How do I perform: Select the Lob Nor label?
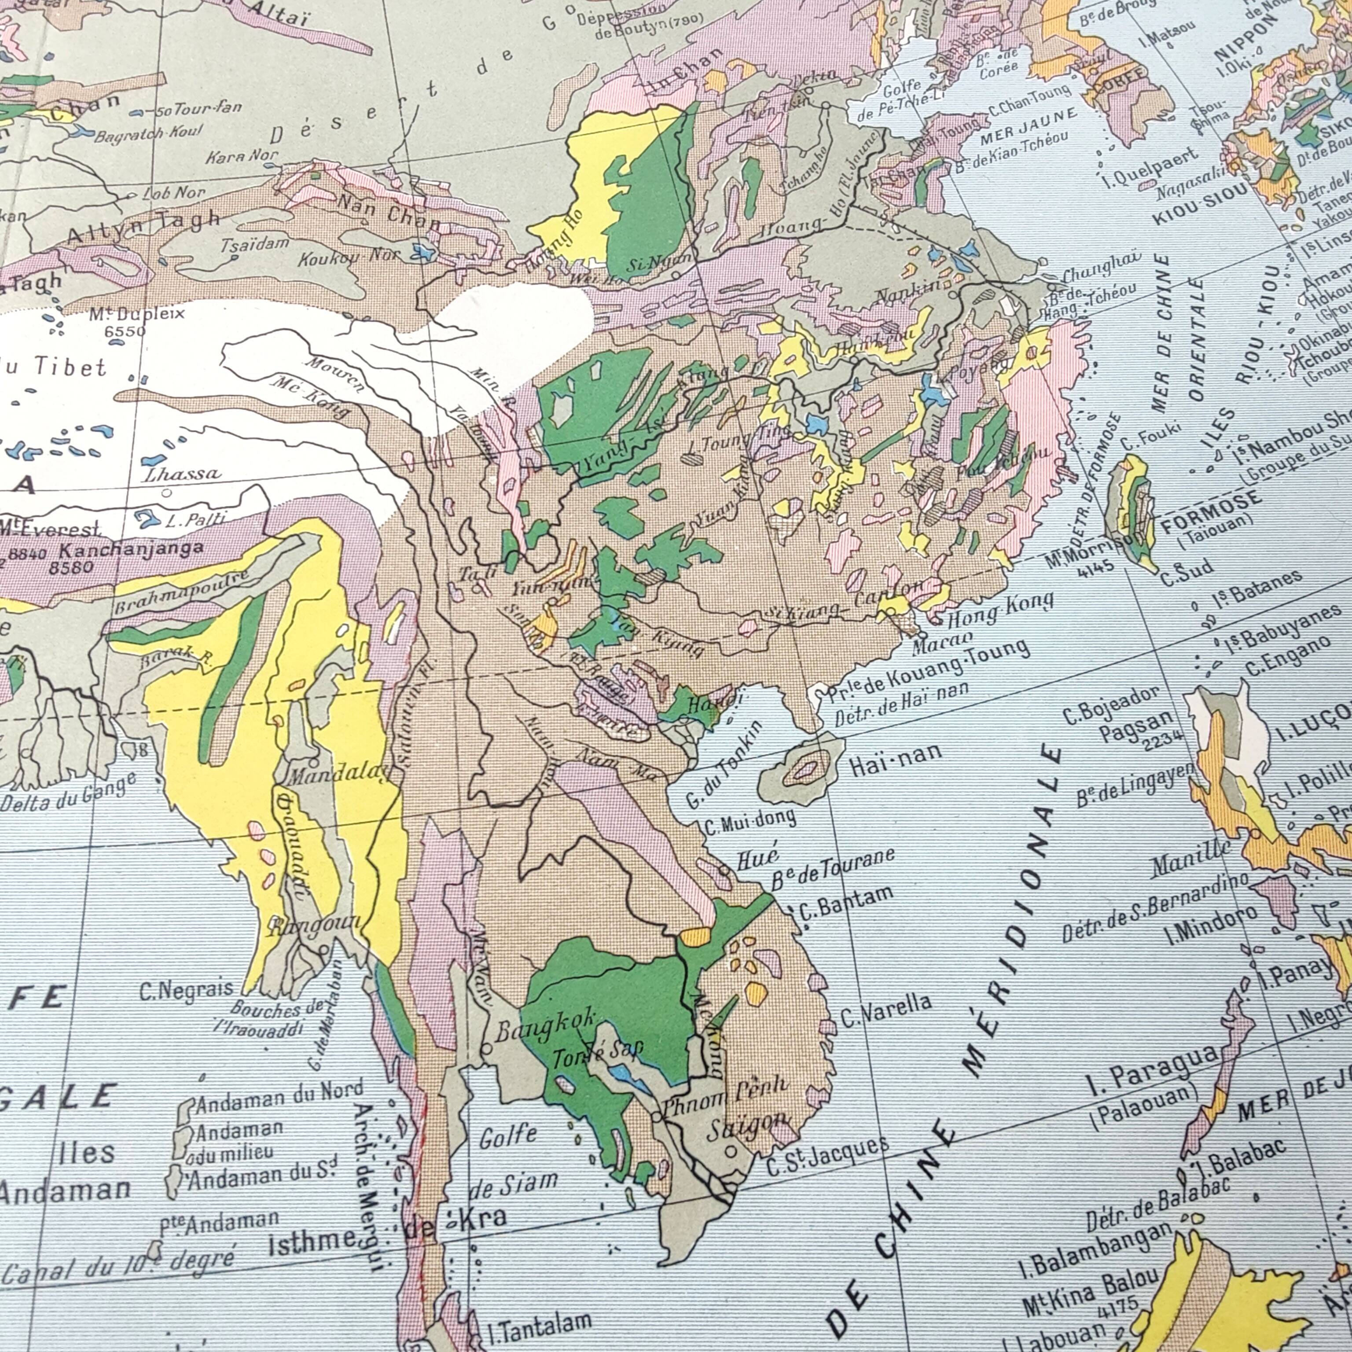(173, 192)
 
